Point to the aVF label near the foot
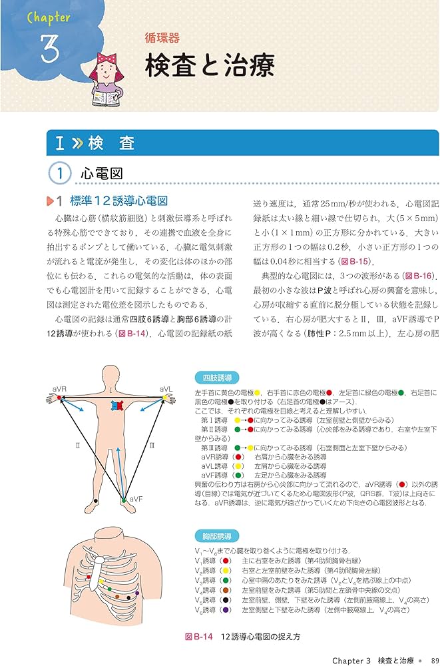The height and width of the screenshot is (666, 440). (x=136, y=498)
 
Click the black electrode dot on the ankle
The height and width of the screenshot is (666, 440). (x=97, y=500)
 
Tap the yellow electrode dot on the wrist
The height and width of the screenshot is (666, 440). (x=164, y=398)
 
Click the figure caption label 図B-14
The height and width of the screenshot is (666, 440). (x=198, y=637)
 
